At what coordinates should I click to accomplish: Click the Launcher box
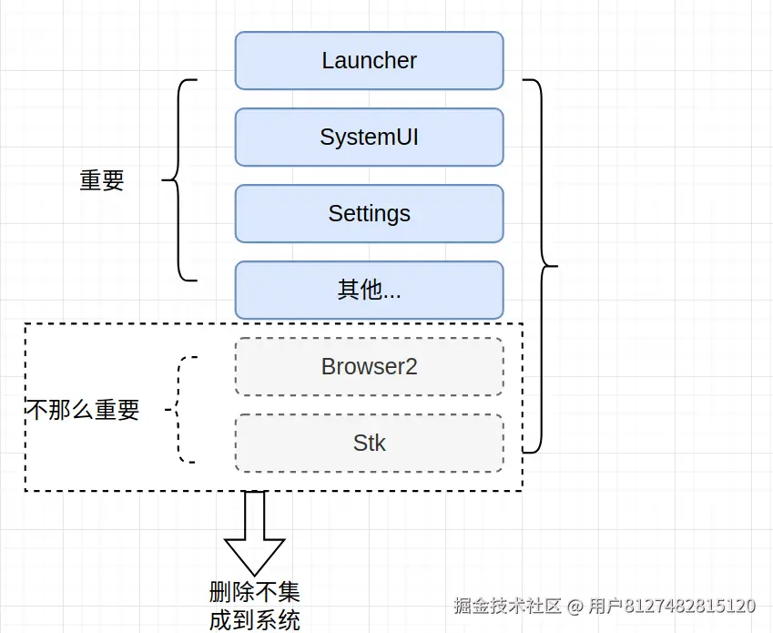(369, 61)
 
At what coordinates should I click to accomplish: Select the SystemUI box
(369, 138)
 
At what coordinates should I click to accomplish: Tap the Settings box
(369, 214)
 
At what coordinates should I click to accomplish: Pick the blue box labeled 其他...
(369, 291)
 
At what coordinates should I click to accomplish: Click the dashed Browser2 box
(369, 367)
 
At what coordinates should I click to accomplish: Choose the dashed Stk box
(369, 444)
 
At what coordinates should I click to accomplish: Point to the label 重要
(102, 180)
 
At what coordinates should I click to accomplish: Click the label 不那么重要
(82, 410)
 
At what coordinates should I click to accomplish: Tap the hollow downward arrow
(255, 533)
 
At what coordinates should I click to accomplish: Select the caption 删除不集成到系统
(255, 606)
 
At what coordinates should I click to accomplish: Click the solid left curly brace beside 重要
(180, 180)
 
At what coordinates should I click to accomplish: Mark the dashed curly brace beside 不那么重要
(182, 410)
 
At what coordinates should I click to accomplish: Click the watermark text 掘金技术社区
(508, 606)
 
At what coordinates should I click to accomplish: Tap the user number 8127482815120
(690, 606)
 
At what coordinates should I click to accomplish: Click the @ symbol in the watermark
(575, 606)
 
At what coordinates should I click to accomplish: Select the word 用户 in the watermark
(605, 606)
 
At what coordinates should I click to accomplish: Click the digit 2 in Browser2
(411, 367)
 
